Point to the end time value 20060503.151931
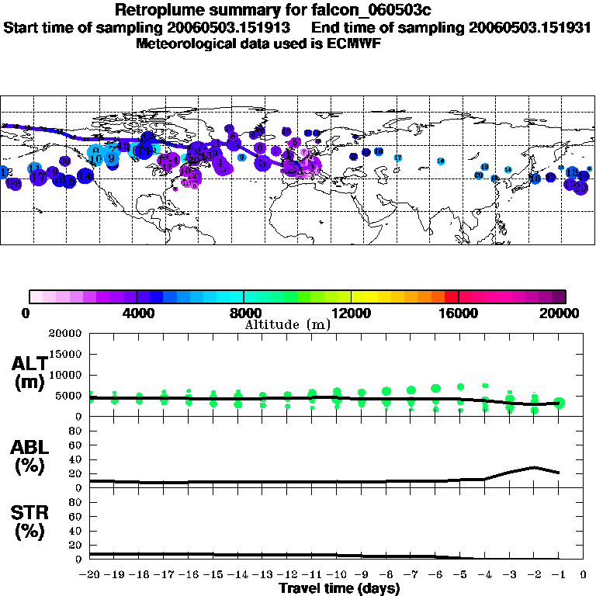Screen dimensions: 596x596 coord(531,27)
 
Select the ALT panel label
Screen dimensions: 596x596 coord(30,373)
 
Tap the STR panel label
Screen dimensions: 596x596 coord(30,522)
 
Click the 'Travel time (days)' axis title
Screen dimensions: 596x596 coord(339,589)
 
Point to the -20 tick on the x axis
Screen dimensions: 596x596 coord(90,575)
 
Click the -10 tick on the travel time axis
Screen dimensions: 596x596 coord(337,575)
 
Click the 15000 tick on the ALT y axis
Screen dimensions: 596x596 coord(67,354)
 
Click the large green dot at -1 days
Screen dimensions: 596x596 coord(560,402)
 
